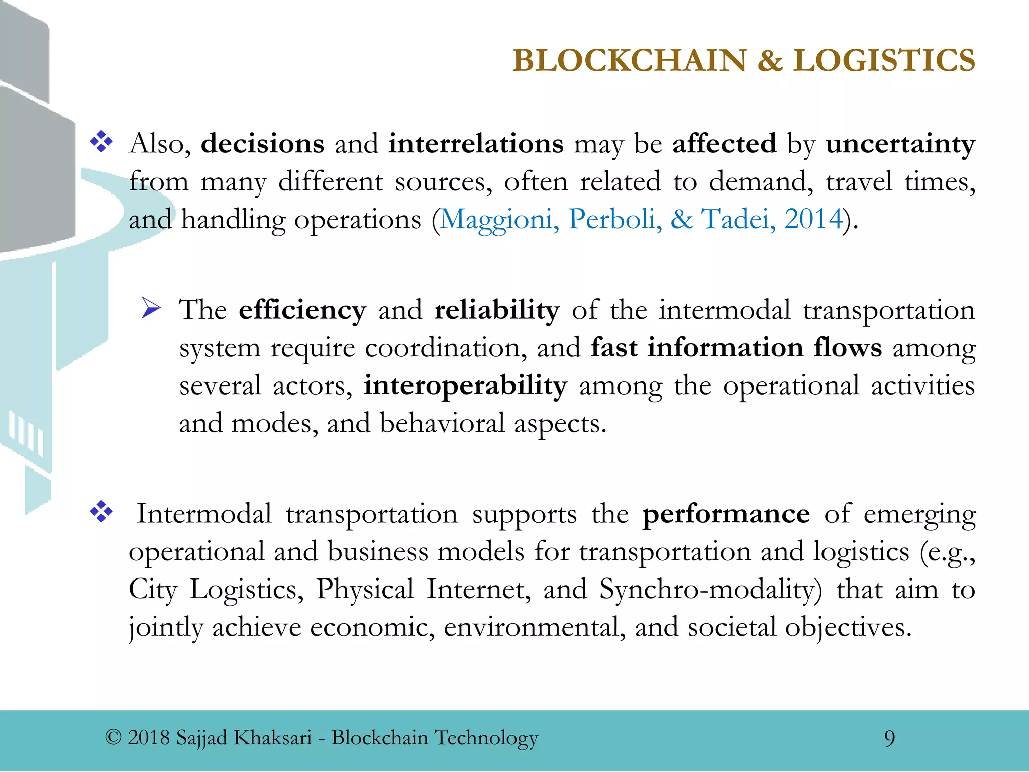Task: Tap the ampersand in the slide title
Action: coord(770,61)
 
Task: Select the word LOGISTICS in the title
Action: coord(884,61)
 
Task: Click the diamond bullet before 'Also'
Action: coord(101,142)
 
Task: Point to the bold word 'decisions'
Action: coord(262,144)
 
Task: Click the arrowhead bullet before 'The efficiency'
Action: coord(151,308)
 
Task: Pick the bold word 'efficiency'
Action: coord(302,310)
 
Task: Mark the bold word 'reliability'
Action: coord(496,310)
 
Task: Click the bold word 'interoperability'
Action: coord(465,386)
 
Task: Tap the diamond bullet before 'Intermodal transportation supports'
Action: coord(101,512)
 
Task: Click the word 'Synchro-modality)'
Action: coord(710,590)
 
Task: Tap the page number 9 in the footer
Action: coord(889,738)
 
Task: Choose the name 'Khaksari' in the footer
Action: coord(273,738)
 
